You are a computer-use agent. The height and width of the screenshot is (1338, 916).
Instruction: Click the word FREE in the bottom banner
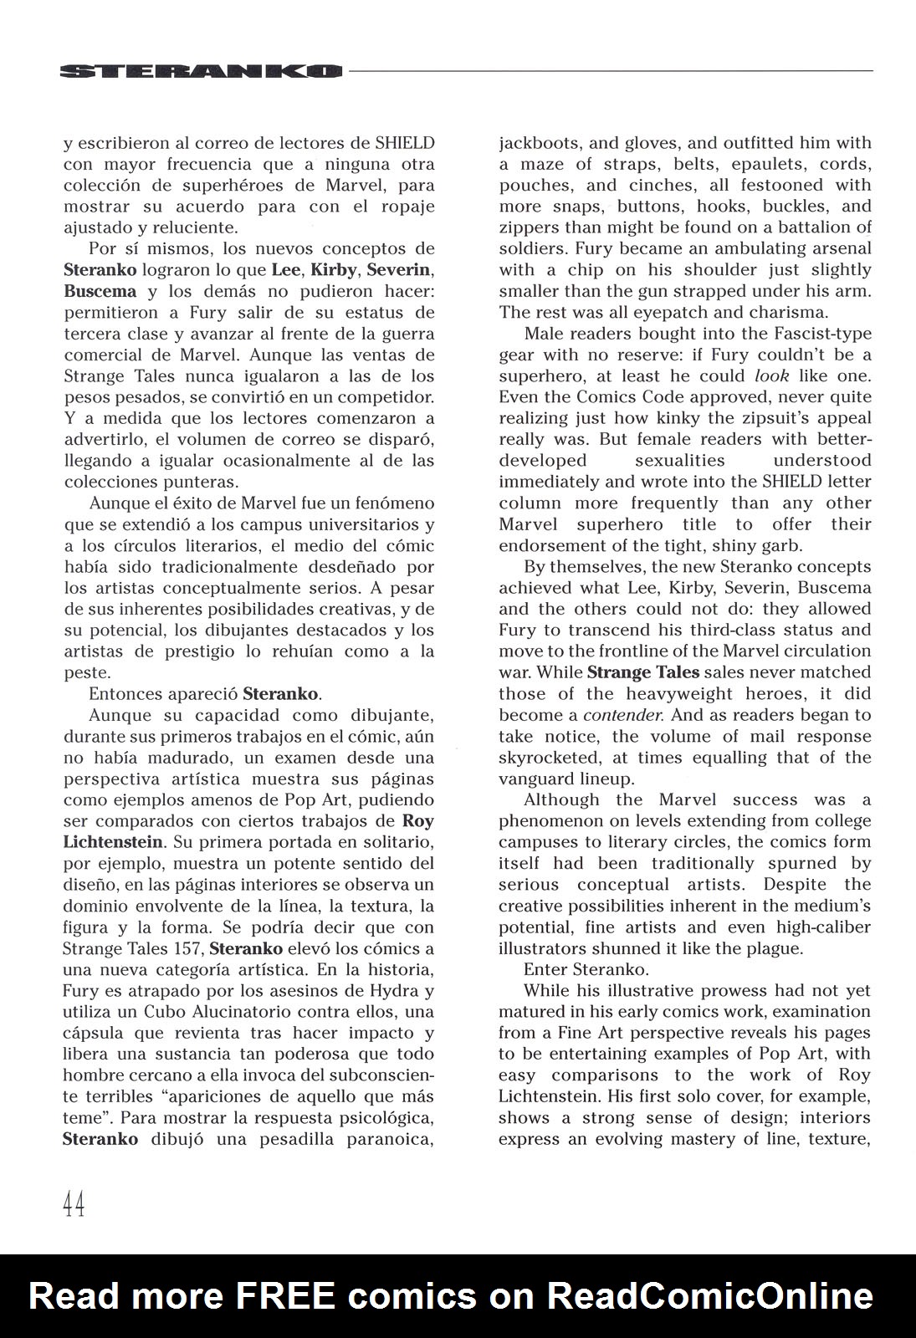point(285,1296)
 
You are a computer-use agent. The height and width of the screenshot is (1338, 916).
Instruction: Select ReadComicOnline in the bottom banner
point(709,1296)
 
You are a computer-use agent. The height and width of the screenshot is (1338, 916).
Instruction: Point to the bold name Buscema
point(100,291)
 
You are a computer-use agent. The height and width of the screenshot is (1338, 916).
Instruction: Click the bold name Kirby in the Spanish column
point(333,270)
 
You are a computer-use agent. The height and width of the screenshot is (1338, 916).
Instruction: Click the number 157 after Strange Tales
point(184,948)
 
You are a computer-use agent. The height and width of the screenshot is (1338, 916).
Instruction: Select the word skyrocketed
point(545,758)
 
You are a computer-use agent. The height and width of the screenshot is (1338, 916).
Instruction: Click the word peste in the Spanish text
point(86,672)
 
